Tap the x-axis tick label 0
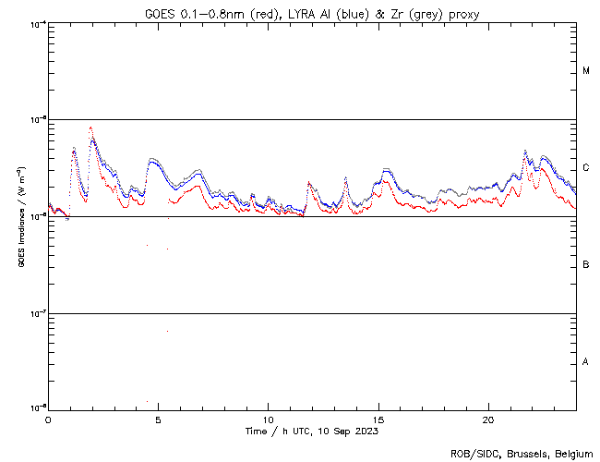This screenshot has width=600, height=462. tap(48, 419)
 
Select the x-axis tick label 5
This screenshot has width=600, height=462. tap(158, 419)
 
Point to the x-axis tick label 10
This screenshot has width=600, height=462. tap(268, 419)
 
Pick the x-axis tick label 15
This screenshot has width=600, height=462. tap(378, 419)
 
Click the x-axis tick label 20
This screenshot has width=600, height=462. tap(487, 419)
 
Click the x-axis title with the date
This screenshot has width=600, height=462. tap(311, 431)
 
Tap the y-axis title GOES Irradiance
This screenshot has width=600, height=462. tap(20, 216)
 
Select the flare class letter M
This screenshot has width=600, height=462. tap(586, 71)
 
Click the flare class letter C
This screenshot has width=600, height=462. tap(586, 168)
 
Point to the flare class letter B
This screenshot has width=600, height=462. tap(586, 265)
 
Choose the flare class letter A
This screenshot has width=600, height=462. tap(586, 362)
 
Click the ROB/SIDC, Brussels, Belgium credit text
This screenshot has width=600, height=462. tap(522, 453)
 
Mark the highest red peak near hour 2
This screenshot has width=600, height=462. tap(90, 128)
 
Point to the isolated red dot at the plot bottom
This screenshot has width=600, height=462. tap(148, 402)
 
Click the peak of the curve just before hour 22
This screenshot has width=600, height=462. tap(525, 151)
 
